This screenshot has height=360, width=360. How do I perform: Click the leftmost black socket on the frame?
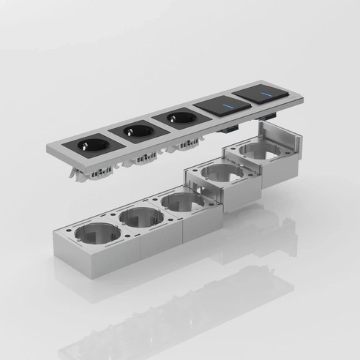point(91,146)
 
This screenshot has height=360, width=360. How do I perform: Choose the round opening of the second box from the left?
point(140,215)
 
